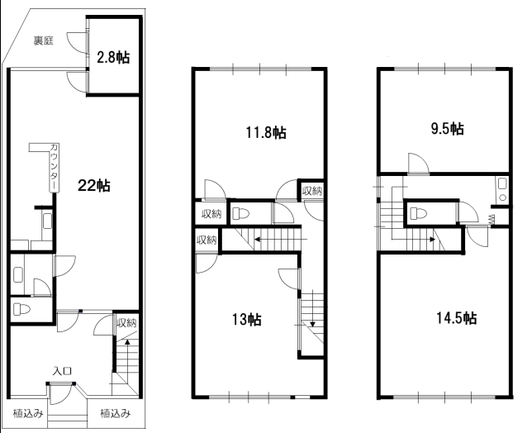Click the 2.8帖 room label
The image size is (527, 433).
[113, 58]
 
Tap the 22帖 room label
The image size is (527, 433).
[94, 185]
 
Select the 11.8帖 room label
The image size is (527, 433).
[266, 132]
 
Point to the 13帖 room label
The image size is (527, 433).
[247, 319]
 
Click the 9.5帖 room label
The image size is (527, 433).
[448, 128]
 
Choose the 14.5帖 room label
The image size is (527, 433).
[456, 317]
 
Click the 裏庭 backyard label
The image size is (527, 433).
[43, 40]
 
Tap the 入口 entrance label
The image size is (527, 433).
[62, 371]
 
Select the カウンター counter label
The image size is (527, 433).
[54, 167]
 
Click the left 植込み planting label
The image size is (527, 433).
[28, 413]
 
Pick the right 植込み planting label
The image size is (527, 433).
[116, 413]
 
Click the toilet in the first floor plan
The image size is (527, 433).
[21, 309]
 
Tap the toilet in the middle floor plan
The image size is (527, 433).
[240, 213]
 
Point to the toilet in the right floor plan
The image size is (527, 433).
[419, 213]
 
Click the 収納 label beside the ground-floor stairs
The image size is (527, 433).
[126, 323]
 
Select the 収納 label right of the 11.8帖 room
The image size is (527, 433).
[312, 191]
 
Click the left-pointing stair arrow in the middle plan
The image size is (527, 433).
[281, 240]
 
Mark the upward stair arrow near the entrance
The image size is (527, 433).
[127, 357]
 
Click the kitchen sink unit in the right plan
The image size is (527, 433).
[502, 189]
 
